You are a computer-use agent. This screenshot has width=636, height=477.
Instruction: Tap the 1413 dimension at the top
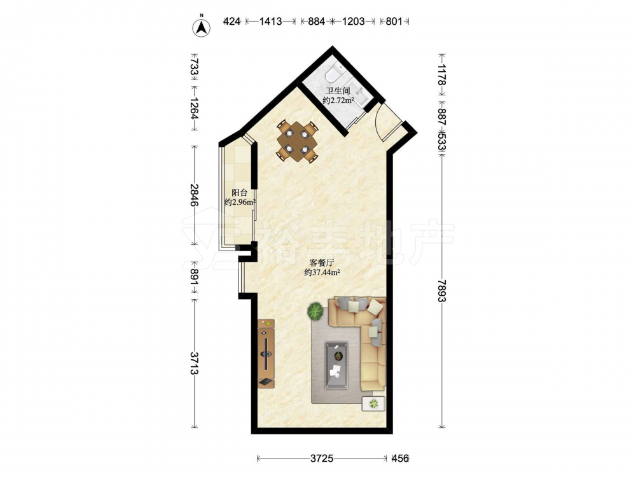pyautogui.click(x=270, y=21)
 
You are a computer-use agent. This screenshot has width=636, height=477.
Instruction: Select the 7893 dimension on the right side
pyautogui.click(x=442, y=291)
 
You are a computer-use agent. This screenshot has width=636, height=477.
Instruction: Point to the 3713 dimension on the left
pyautogui.click(x=195, y=363)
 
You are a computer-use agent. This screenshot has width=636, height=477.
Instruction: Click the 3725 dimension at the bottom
pyautogui.click(x=322, y=459)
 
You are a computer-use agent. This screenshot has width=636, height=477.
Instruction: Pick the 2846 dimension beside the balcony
pyautogui.click(x=195, y=195)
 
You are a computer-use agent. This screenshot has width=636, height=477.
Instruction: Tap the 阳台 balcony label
pyautogui.click(x=239, y=193)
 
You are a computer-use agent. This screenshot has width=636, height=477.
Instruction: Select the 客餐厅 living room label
pyautogui.click(x=321, y=263)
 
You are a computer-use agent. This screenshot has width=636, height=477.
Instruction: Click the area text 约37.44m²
pyautogui.click(x=322, y=273)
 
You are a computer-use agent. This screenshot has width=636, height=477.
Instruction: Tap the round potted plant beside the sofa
pyautogui.click(x=314, y=312)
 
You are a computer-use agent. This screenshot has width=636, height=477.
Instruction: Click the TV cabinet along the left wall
pyautogui.click(x=266, y=354)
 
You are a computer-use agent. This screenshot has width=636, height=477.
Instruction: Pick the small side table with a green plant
pyautogui.click(x=373, y=404)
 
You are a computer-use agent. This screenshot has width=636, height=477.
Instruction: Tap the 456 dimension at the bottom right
pyautogui.click(x=400, y=459)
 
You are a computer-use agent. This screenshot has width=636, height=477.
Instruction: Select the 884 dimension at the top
pyautogui.click(x=316, y=21)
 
